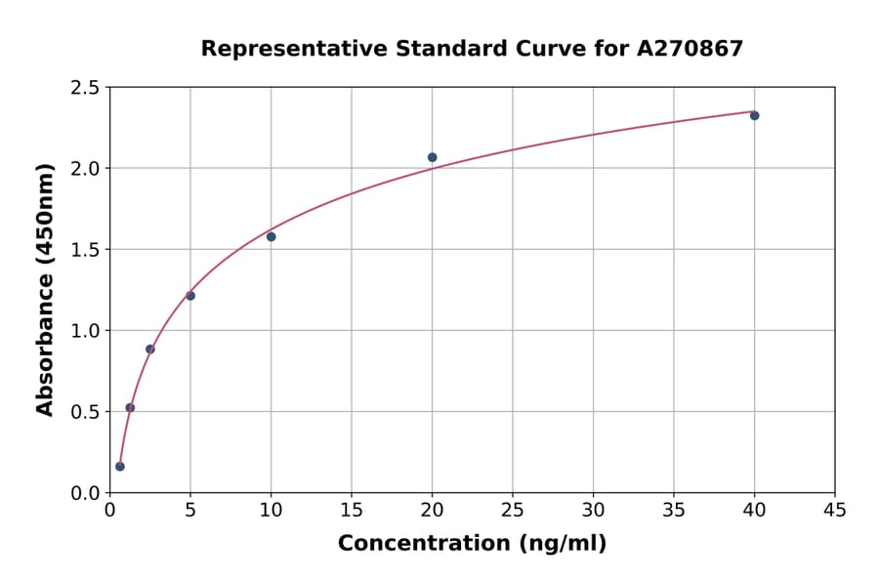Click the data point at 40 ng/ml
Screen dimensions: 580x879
pyautogui.click(x=754, y=115)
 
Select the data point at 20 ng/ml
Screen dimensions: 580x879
pyautogui.click(x=432, y=157)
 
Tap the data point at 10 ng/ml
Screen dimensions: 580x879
pyautogui.click(x=271, y=236)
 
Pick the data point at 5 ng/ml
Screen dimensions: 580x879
pyautogui.click(x=190, y=295)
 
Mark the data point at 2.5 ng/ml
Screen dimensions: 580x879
pyautogui.click(x=150, y=349)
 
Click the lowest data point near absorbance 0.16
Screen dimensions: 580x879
pyautogui.click(x=120, y=466)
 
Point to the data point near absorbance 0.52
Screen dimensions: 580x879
pyautogui.click(x=130, y=407)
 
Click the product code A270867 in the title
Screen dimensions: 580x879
pyautogui.click(x=690, y=48)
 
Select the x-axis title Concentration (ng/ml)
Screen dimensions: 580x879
pyautogui.click(x=472, y=543)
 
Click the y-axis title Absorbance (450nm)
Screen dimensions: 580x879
pyautogui.click(x=45, y=289)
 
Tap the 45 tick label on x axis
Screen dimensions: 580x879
pyautogui.click(x=834, y=510)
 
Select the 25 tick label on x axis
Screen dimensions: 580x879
pyautogui.click(x=512, y=510)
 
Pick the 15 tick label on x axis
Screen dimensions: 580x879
pyautogui.click(x=351, y=510)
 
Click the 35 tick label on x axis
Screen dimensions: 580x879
pyautogui.click(x=673, y=510)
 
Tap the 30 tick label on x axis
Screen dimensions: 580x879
pyautogui.click(x=593, y=510)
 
